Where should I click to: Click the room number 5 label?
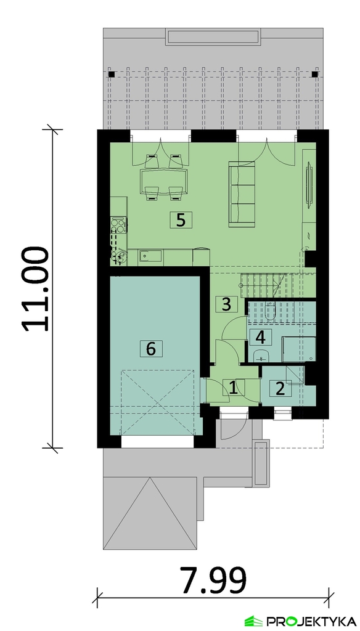(181, 220)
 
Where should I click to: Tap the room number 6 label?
(150, 349)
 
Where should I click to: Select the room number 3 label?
(226, 304)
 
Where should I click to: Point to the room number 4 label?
(261, 337)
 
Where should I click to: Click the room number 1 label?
(233, 388)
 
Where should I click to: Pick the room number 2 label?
(280, 388)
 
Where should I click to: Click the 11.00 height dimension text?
(36, 289)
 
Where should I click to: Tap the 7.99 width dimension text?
(213, 580)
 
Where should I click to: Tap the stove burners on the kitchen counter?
(119, 225)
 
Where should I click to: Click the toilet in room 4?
(270, 311)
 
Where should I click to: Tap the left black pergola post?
(112, 75)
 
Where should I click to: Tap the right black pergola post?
(315, 75)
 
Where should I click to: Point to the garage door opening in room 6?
(157, 442)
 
